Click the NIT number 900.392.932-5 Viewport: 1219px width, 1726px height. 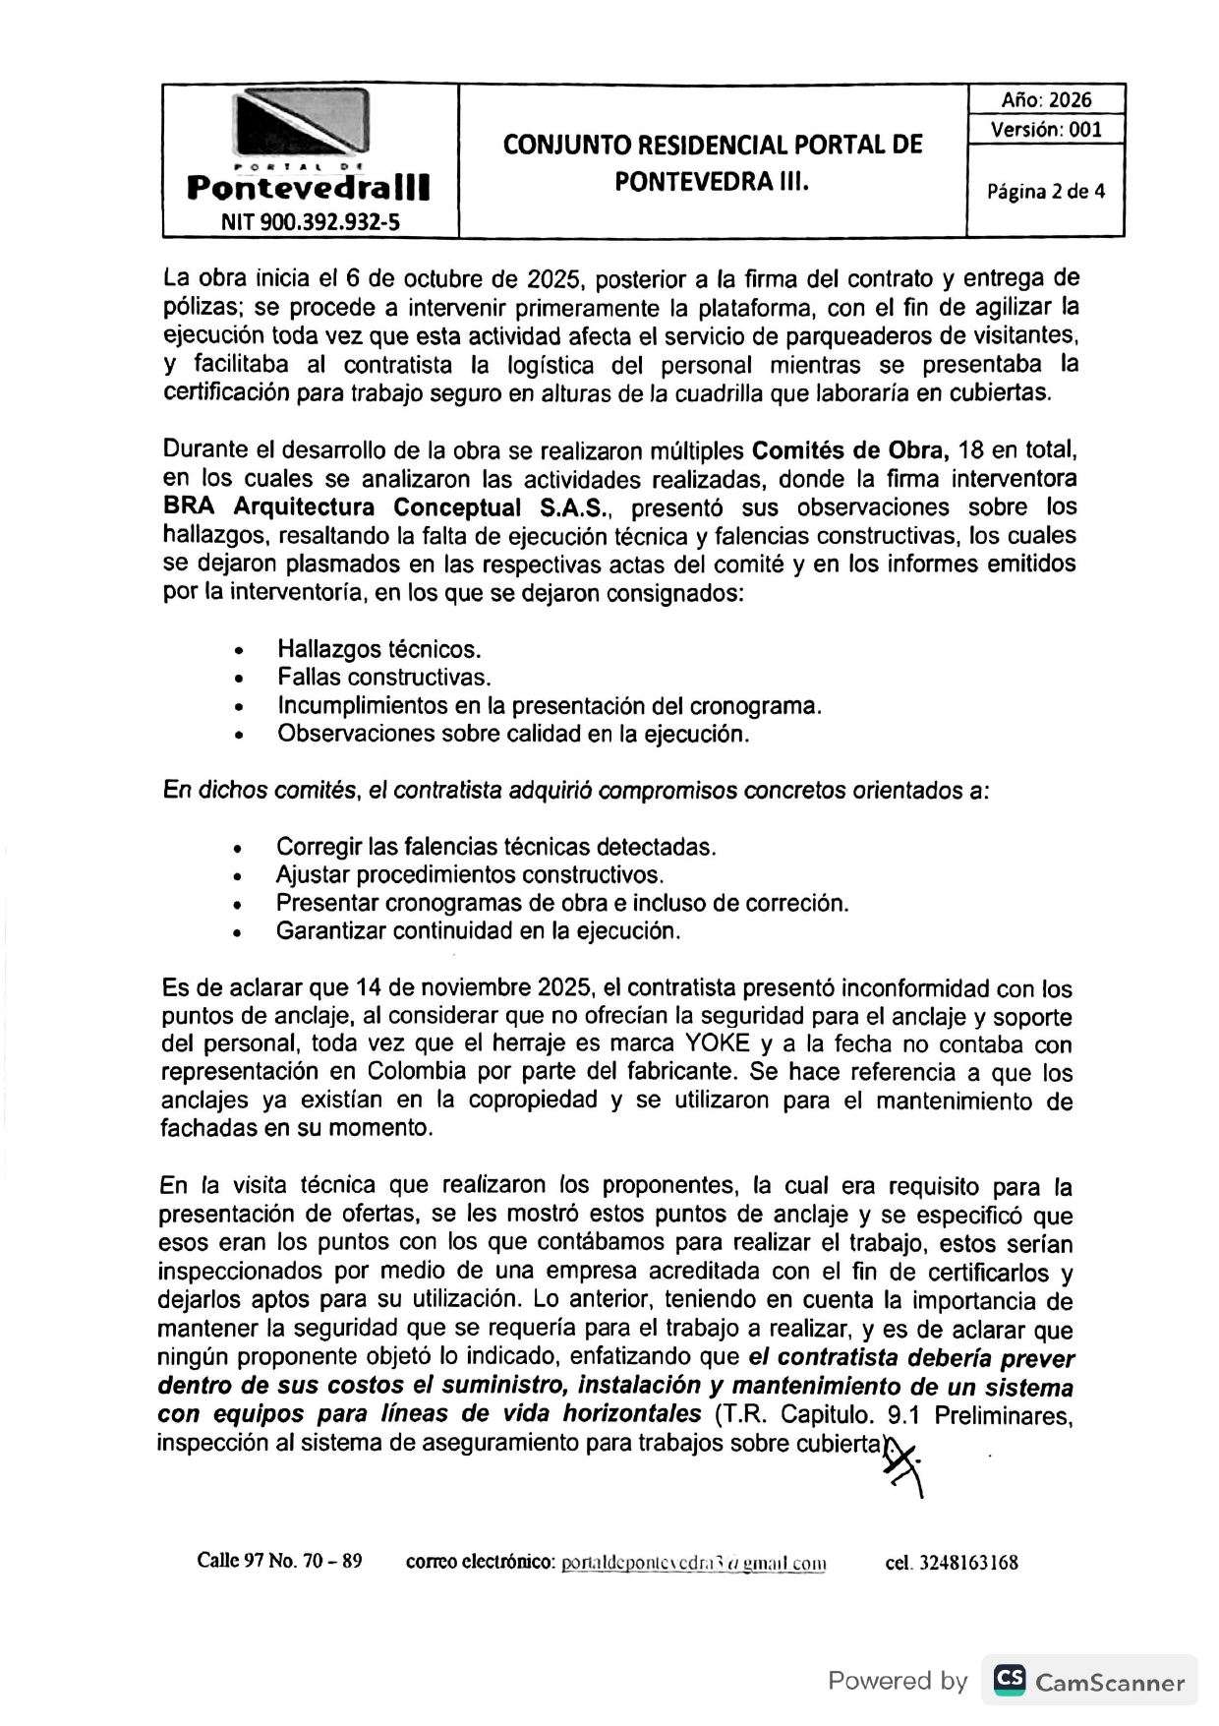pos(311,221)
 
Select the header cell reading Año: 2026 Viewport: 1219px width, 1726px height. pos(1046,99)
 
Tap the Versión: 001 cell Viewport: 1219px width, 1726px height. pos(1046,129)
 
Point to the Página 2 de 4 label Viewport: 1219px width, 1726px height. pos(1046,191)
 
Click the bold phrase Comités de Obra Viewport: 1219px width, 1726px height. pos(849,451)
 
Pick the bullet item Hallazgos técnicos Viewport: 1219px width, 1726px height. pos(378,649)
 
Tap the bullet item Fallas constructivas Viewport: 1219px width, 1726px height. pos(383,677)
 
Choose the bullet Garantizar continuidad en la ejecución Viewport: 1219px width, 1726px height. pos(478,930)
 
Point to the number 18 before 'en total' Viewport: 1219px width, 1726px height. pos(970,451)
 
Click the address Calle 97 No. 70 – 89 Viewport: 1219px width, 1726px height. pos(279,1561)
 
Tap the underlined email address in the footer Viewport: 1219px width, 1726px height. pos(693,1562)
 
